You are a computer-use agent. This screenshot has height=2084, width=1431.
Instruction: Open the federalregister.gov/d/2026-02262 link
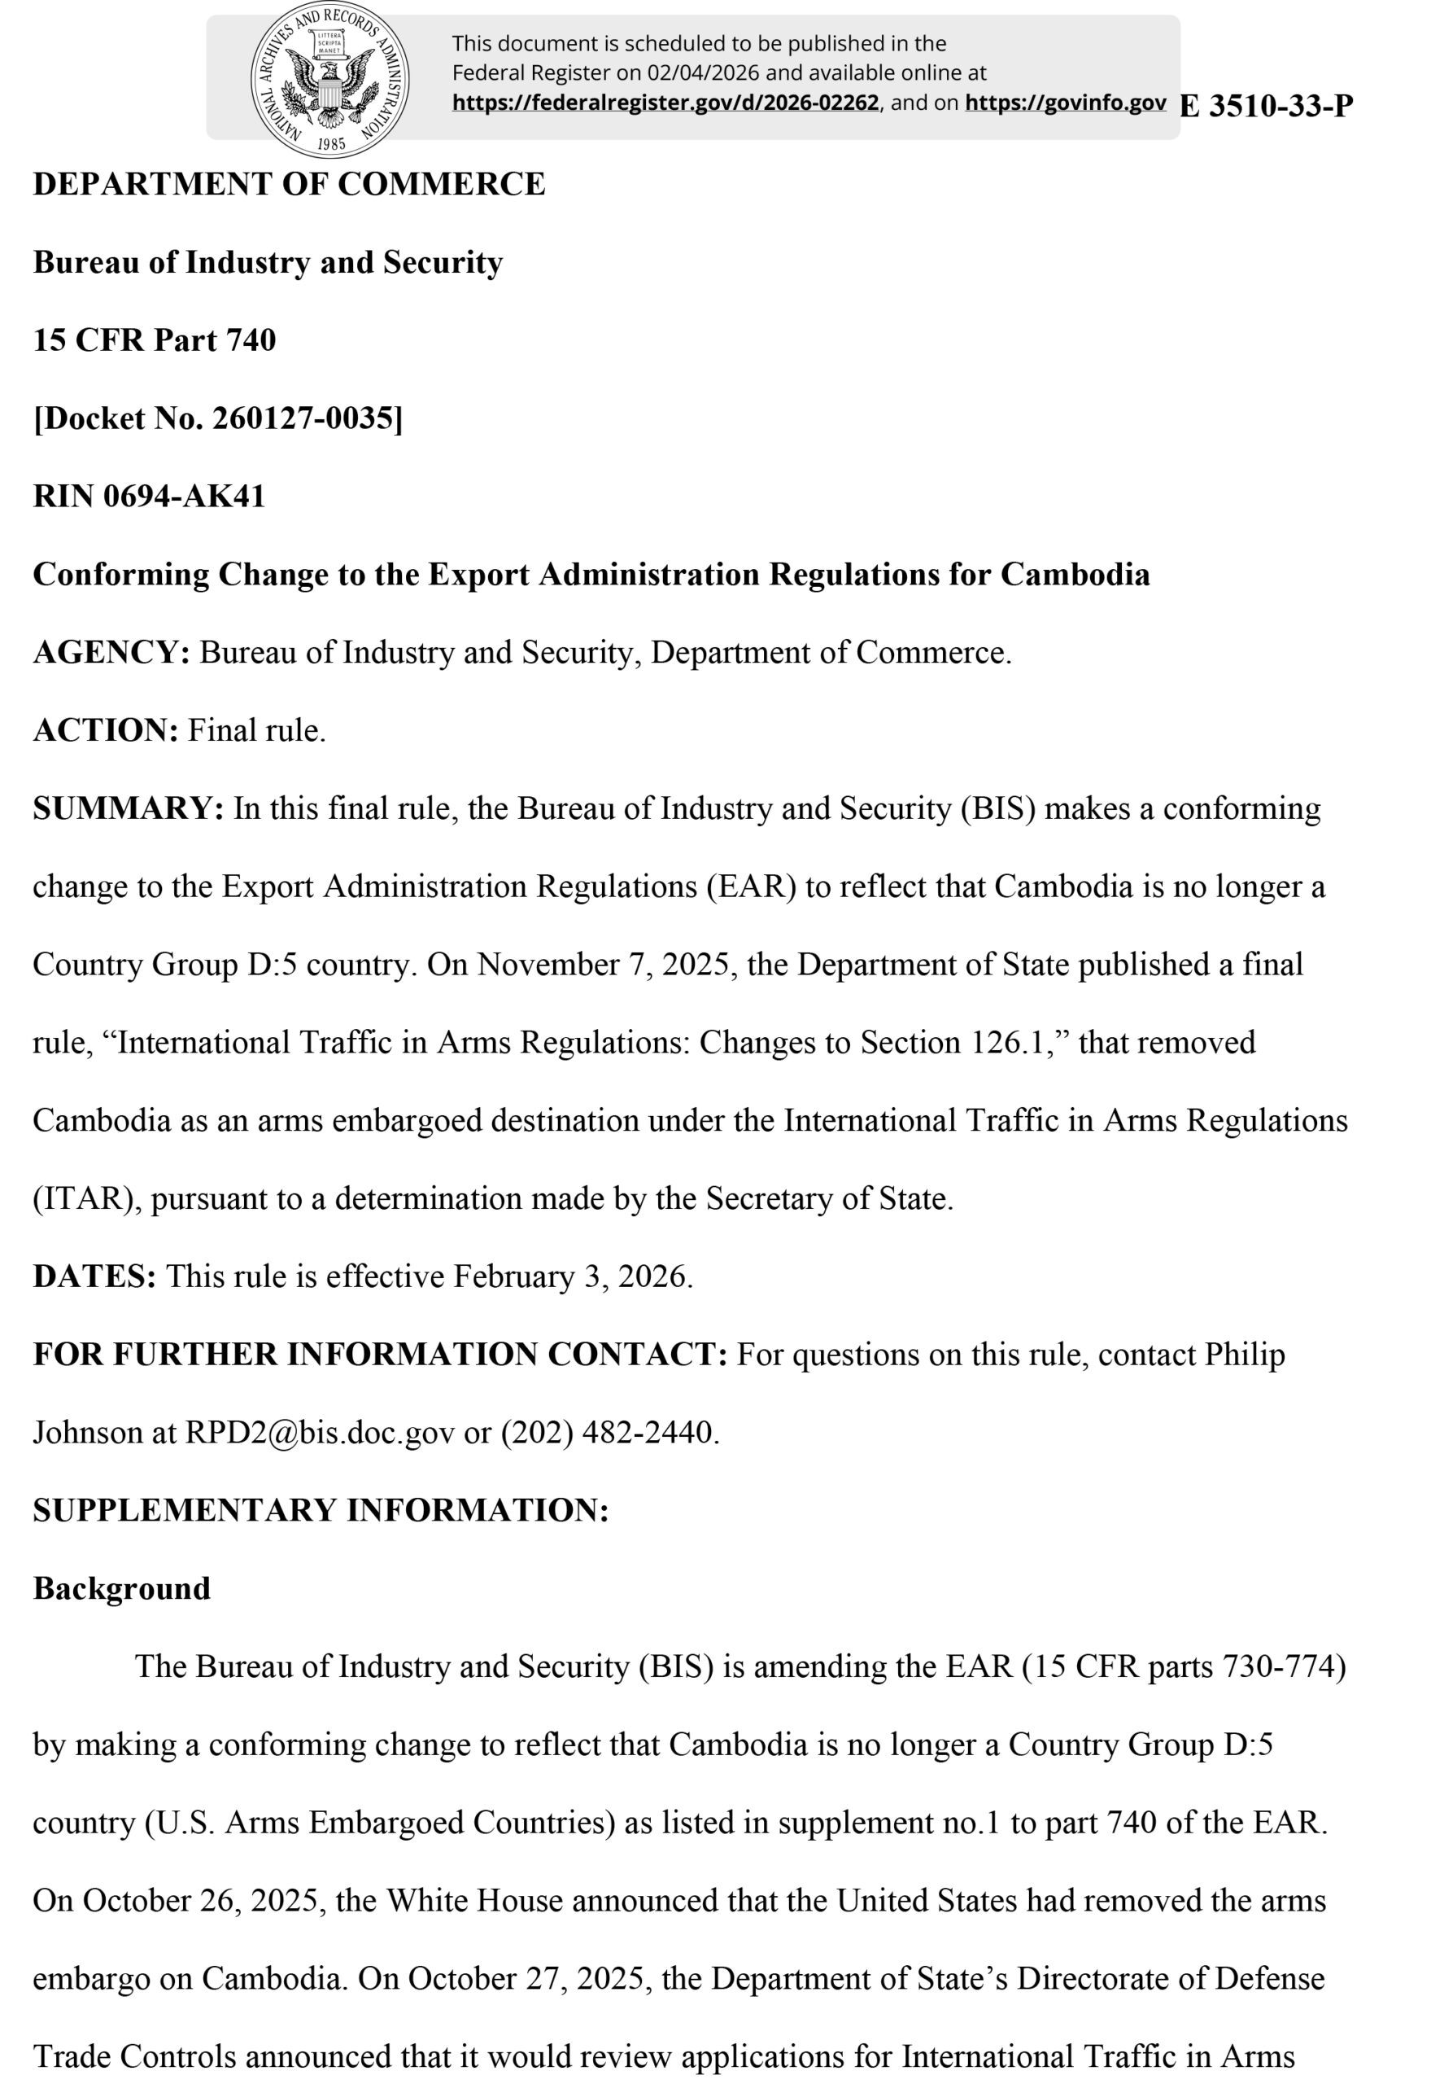665,103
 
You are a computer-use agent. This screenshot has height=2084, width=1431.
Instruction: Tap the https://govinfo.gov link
1065,103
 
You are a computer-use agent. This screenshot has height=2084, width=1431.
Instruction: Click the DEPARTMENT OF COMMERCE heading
289,184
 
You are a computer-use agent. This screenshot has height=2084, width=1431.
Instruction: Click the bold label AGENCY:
111,652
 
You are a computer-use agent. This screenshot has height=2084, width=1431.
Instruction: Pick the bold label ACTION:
106,730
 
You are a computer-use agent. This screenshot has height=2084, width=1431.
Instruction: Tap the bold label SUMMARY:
129,808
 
